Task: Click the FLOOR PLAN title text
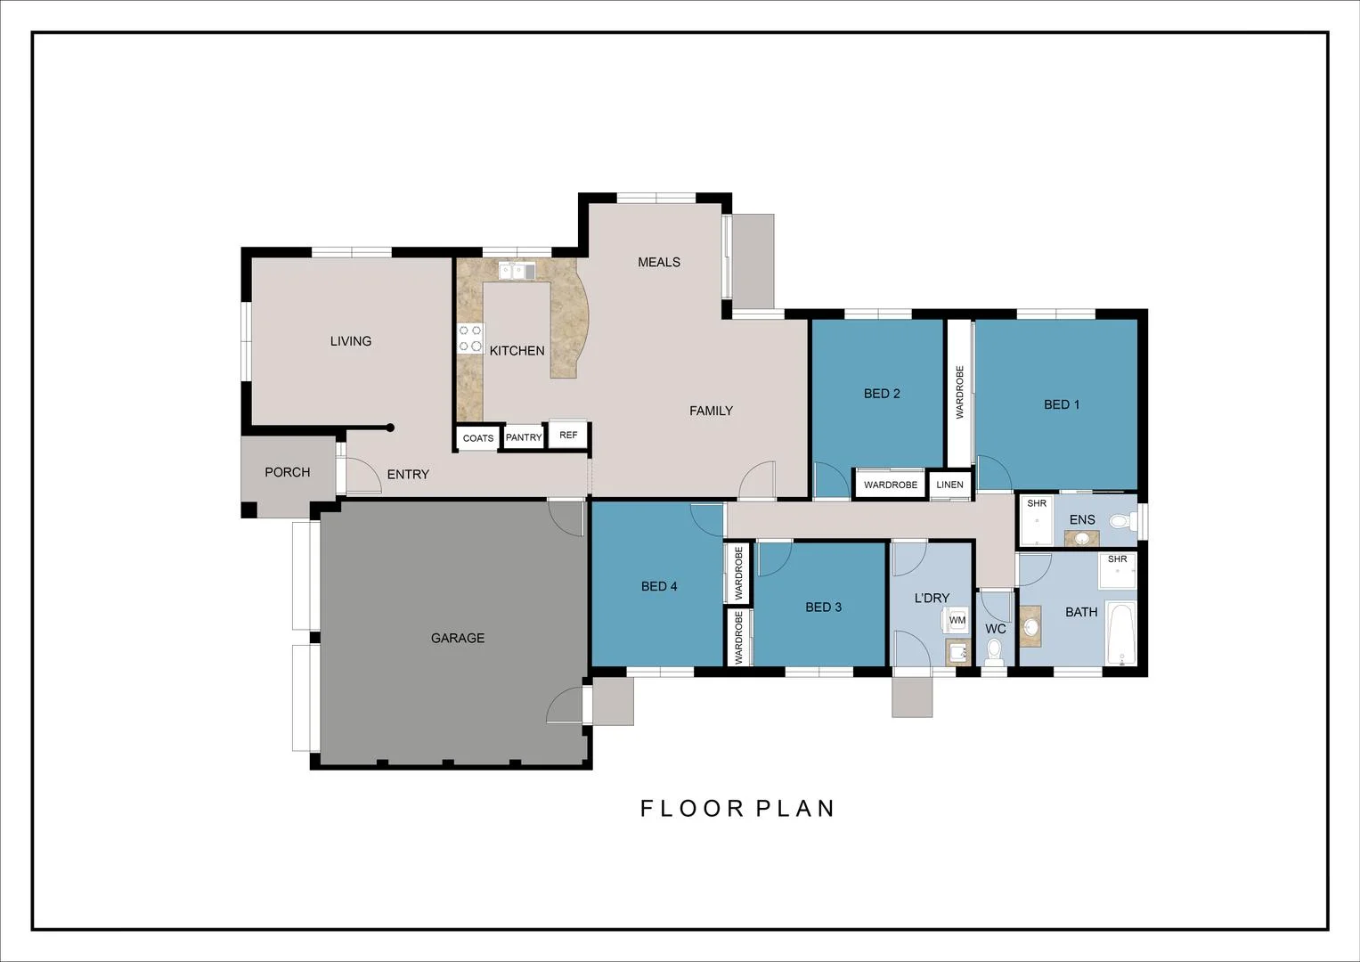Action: click(x=737, y=808)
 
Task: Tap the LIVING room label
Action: click(x=350, y=341)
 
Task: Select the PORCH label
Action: click(x=287, y=472)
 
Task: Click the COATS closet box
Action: click(x=478, y=438)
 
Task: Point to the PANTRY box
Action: click(x=524, y=437)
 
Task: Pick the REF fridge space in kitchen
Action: click(x=568, y=436)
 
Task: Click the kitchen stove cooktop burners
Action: click(x=470, y=338)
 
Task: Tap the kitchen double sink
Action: click(x=517, y=271)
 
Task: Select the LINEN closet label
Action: click(x=949, y=485)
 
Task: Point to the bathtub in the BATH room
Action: click(x=1120, y=634)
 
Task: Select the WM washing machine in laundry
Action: click(x=957, y=620)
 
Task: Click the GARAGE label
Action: click(x=457, y=638)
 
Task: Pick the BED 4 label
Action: click(x=659, y=586)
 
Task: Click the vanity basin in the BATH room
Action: click(x=1030, y=626)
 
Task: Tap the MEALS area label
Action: click(x=658, y=262)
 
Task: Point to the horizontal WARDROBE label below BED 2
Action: click(x=890, y=485)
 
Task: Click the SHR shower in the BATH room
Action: click(x=1117, y=571)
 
